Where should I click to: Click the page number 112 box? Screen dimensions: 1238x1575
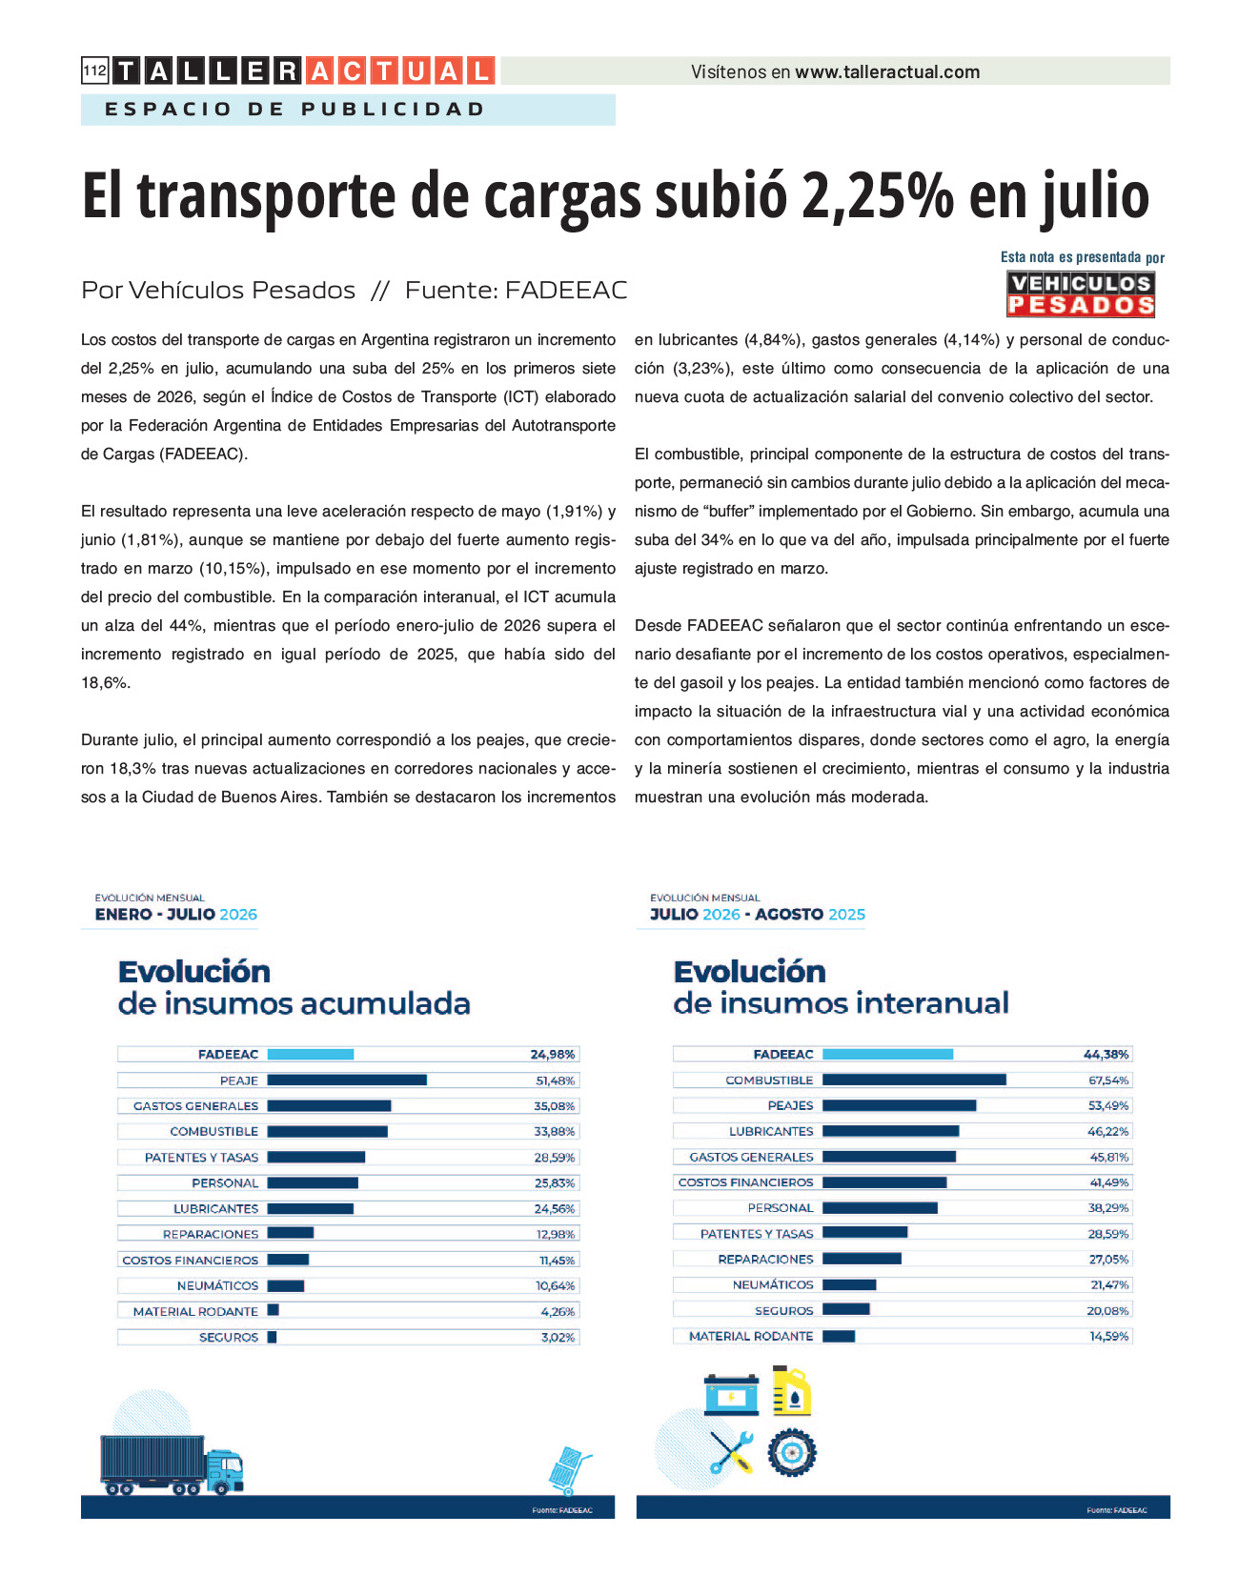coord(95,71)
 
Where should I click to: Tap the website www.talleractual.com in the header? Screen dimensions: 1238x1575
coord(887,71)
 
